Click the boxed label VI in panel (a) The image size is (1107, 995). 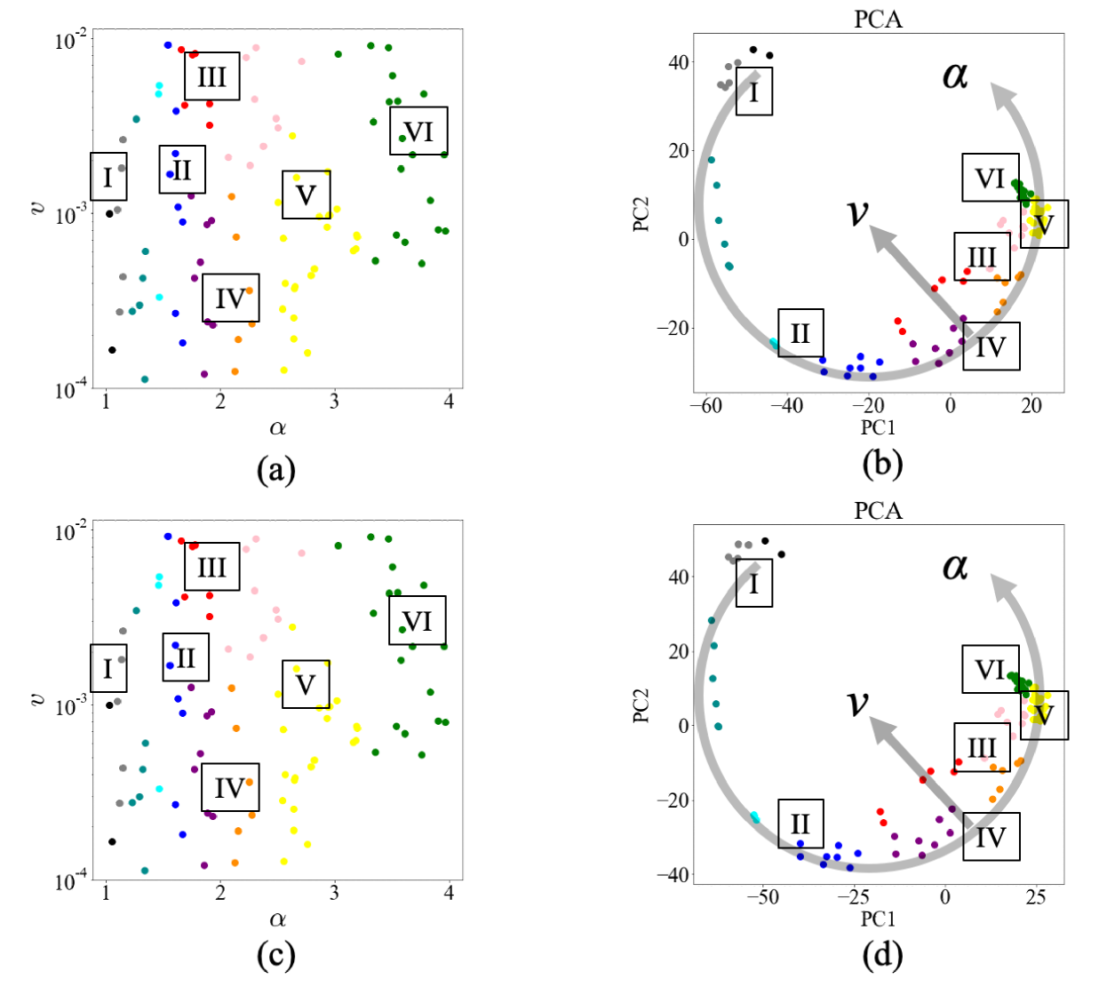(418, 131)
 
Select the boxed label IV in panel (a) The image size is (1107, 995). (230, 298)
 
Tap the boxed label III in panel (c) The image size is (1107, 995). (212, 567)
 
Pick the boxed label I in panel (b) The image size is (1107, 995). (754, 92)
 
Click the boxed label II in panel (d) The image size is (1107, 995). (800, 824)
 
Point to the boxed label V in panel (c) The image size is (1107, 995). (306, 684)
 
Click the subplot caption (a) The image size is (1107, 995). (275, 468)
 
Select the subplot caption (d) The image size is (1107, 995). (881, 955)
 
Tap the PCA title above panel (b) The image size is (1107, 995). (878, 19)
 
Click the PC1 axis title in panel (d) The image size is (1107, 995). (878, 919)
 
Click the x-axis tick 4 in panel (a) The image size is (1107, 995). (449, 402)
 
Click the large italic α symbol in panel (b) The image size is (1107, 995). (955, 76)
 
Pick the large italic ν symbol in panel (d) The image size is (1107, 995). (857, 703)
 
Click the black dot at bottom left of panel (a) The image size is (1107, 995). (112, 350)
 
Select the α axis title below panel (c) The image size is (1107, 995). (277, 919)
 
